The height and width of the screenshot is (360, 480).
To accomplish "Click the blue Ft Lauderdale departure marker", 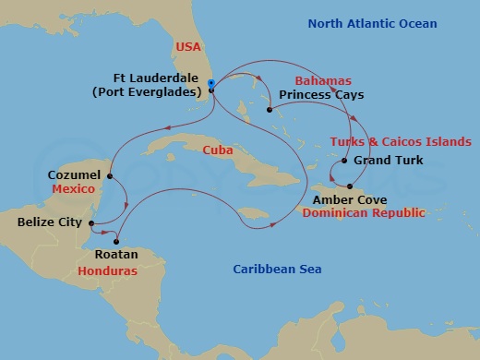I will [x=211, y=84].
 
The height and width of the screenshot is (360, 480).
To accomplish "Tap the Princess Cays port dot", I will [x=270, y=111].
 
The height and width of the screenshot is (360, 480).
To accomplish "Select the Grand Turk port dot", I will [x=344, y=162].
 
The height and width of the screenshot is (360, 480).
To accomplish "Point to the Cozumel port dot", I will [x=110, y=175].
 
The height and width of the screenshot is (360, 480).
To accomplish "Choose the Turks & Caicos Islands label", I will [x=401, y=141].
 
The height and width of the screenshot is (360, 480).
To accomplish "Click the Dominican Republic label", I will [x=364, y=213].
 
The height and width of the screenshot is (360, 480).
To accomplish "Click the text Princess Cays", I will [x=320, y=95].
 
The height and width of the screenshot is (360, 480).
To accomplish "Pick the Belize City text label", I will [x=50, y=222].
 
